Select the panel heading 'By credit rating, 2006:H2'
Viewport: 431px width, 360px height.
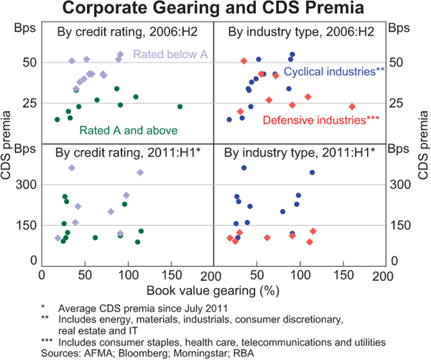tap(118, 33)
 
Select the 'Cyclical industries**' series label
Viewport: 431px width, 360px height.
tap(335, 72)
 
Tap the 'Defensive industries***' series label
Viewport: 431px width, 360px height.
tap(320, 120)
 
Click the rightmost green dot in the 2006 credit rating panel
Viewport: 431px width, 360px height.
tap(180, 106)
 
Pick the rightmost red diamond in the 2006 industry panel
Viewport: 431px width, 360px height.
tap(352, 106)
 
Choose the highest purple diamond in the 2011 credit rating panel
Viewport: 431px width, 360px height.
tap(71, 167)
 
